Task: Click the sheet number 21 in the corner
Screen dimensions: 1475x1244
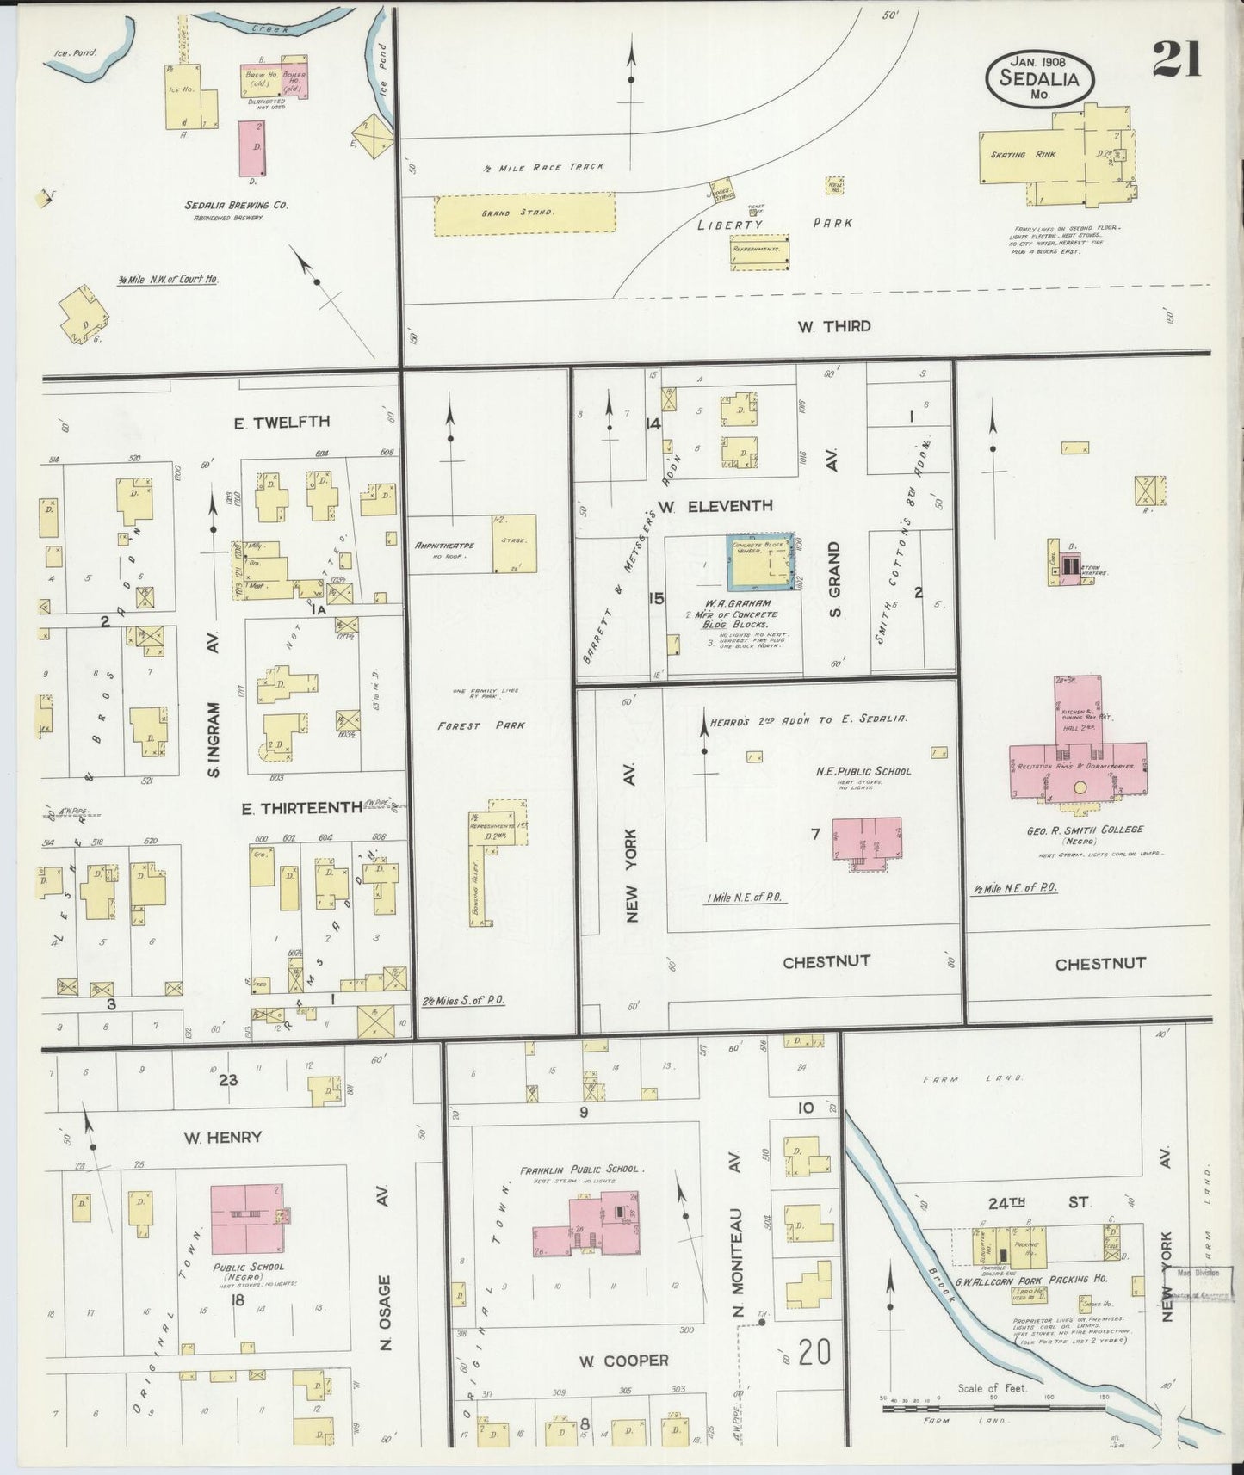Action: pyautogui.click(x=1177, y=59)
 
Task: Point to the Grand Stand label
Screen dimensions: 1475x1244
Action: pyautogui.click(x=508, y=213)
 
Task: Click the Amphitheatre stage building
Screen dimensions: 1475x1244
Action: pyautogui.click(x=514, y=543)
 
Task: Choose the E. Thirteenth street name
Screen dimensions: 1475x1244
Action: pyautogui.click(x=302, y=807)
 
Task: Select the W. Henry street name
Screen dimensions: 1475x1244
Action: pyautogui.click(x=222, y=1138)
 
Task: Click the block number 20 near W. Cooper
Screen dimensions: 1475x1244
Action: pyautogui.click(x=814, y=1352)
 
